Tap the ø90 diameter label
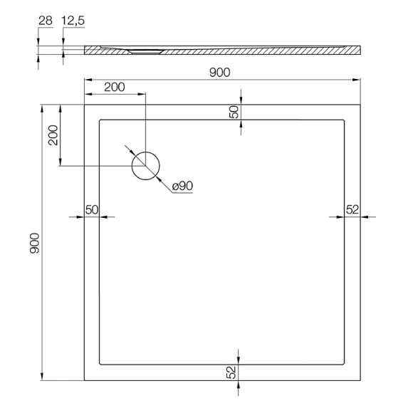(182, 187)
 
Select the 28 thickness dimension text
(46, 21)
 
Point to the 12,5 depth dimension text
(73, 21)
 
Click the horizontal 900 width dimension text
(219, 73)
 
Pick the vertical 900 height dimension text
(34, 243)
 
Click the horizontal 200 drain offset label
(115, 87)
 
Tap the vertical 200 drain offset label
(53, 135)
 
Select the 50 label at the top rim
(234, 112)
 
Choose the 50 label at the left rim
(92, 210)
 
